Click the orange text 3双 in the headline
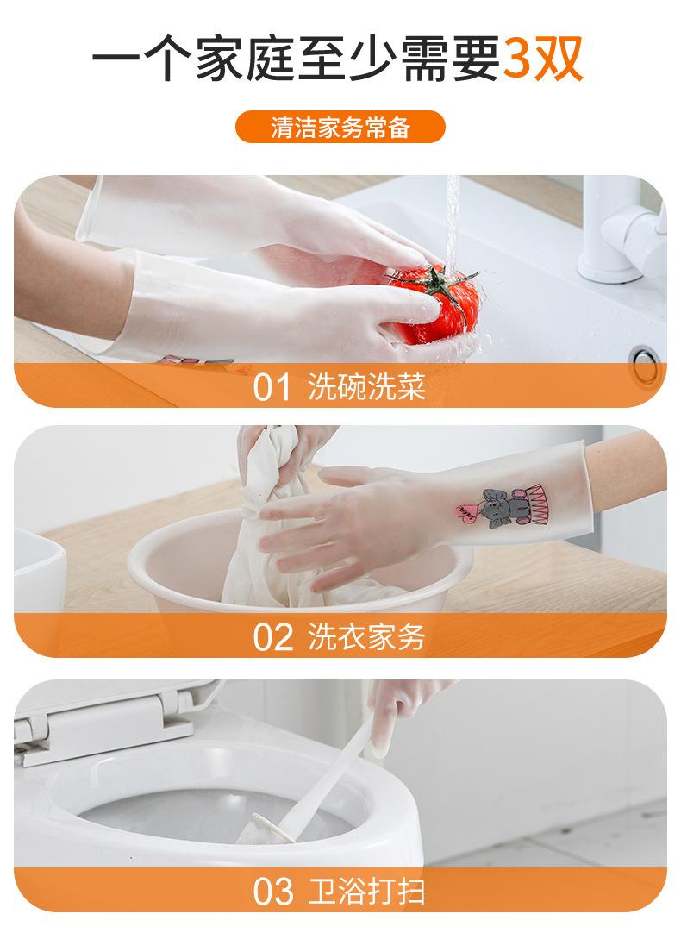coord(541,59)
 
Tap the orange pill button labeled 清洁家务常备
coord(340,127)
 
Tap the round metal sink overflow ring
coord(646,365)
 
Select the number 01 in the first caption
coord(272,387)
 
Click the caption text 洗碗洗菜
coord(366,386)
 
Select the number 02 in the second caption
coord(272,637)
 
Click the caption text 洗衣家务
coord(366,636)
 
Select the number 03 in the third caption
coord(272,892)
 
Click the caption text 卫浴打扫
coord(366,891)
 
